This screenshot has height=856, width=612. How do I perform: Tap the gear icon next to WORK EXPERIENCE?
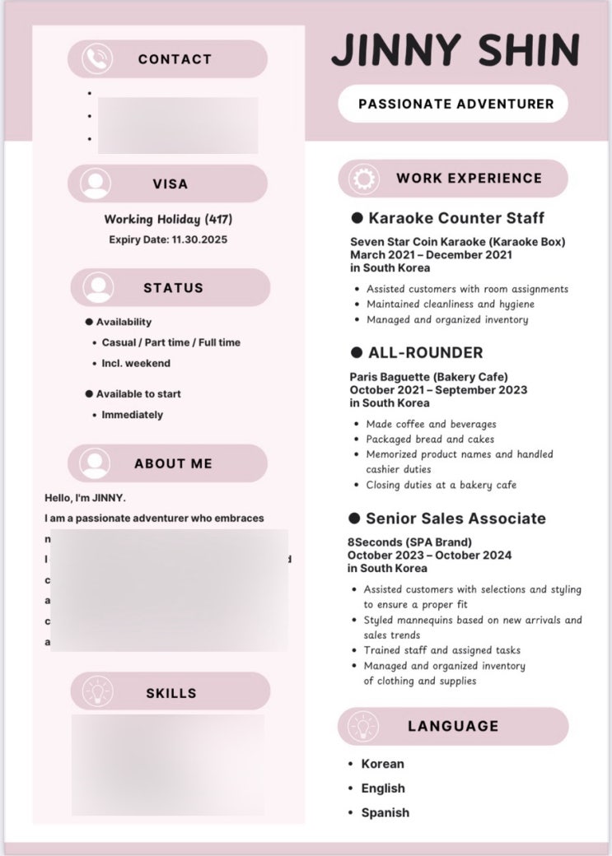(363, 179)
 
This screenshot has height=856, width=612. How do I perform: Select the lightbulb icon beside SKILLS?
(97, 692)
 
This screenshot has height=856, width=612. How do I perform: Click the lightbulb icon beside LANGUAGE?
(363, 726)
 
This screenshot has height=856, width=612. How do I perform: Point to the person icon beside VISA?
(96, 184)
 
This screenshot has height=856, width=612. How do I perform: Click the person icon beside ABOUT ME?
(96, 463)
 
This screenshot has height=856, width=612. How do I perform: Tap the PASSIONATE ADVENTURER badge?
(455, 105)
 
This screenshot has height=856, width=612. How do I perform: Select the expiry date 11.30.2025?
(199, 240)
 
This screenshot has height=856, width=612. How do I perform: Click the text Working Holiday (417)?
(168, 220)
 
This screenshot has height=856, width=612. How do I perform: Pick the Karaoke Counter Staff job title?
(455, 218)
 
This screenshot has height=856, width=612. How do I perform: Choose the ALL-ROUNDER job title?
(425, 352)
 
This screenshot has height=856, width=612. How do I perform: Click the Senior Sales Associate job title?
(455, 519)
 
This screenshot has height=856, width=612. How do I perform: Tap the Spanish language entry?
(385, 812)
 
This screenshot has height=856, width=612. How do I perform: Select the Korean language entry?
(382, 764)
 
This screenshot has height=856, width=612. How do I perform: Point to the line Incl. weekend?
(136, 363)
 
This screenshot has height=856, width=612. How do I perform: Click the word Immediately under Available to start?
(132, 415)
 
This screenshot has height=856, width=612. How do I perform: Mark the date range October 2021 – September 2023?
(438, 390)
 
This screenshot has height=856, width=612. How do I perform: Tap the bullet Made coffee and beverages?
(431, 424)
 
